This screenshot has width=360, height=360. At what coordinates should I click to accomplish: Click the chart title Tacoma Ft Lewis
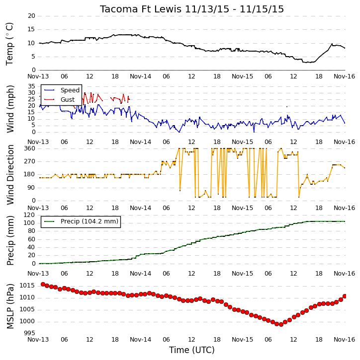point(140,9)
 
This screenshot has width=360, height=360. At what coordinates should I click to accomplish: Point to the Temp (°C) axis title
point(9,44)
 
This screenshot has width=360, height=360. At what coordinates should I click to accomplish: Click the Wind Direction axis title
point(10,174)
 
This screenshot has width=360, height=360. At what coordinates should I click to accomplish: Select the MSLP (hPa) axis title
point(10,306)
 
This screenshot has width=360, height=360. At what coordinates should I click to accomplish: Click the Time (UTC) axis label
point(192,350)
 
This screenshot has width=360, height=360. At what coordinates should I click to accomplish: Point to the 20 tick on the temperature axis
point(31,16)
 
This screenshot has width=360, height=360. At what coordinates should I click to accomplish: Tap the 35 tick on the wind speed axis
point(31,86)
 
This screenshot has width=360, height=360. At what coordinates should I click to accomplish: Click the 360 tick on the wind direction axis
point(30,148)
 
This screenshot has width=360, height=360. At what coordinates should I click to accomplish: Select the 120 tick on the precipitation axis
point(30,215)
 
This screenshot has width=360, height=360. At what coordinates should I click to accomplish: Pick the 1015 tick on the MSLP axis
point(27,286)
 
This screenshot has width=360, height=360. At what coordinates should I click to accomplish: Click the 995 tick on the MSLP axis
point(30,333)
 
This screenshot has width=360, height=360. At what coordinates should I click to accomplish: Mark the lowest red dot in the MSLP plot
point(281,324)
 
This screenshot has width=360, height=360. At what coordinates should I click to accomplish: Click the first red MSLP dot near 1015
point(43,284)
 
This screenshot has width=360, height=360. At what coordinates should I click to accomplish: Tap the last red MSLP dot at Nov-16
point(345,296)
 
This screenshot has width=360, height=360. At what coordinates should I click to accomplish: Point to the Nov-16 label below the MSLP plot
point(345,340)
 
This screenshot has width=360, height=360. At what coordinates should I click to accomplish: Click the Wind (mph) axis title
point(10,109)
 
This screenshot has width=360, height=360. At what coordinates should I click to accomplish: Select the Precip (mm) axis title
point(10,240)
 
